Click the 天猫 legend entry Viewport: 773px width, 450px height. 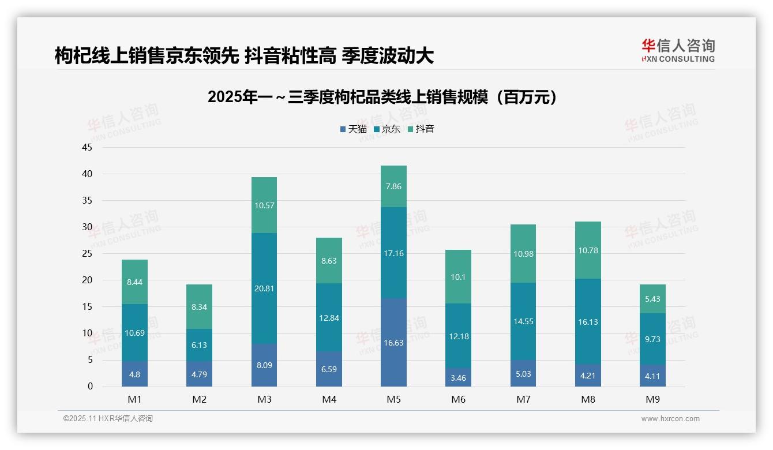coord(353,129)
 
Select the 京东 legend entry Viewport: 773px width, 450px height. coord(387,129)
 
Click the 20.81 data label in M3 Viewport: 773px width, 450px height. coord(264,288)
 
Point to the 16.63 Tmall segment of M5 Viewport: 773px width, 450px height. coord(393,343)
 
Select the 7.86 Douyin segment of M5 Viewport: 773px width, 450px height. coord(393,186)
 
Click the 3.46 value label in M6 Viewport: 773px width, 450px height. coord(459,378)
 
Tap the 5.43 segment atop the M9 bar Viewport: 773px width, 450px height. coord(652,299)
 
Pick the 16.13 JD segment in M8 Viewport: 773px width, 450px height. coord(588,322)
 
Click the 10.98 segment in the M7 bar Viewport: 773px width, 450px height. coord(523,254)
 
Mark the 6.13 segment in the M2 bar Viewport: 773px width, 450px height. coord(199,345)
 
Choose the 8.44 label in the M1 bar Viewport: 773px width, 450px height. coord(134,282)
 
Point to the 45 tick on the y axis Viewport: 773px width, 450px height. coord(87,147)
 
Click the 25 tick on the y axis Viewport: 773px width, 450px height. coord(87,253)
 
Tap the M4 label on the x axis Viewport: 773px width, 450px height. coord(329,399)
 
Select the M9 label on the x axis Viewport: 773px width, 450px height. coord(652,399)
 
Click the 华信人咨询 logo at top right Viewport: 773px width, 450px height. coord(678,50)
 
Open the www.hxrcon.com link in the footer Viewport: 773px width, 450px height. coord(670,419)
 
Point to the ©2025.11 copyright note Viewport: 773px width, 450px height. coord(108,419)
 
